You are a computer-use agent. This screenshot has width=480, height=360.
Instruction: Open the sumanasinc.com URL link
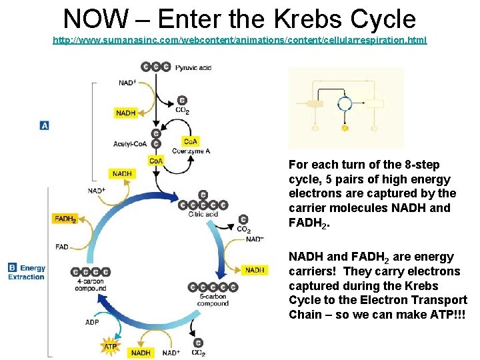coord(240,41)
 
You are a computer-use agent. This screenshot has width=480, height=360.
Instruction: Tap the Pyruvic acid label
coord(194,67)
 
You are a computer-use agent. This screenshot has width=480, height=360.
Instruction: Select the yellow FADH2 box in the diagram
coord(65,219)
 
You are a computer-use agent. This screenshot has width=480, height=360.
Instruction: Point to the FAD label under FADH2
coord(61,247)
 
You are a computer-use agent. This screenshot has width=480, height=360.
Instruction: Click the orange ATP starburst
coord(111,346)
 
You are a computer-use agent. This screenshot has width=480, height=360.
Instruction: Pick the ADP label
coord(91,323)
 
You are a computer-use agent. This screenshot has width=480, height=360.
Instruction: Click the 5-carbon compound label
coord(213,300)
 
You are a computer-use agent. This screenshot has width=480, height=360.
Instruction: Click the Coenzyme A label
coord(191,151)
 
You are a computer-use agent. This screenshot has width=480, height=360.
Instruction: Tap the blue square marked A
coord(45,125)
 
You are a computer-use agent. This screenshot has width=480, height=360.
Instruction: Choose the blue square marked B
coord(12,268)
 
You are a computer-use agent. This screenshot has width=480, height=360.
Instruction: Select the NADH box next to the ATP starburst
coord(141,353)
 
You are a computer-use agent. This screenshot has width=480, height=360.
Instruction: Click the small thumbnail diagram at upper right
coord(345,107)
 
